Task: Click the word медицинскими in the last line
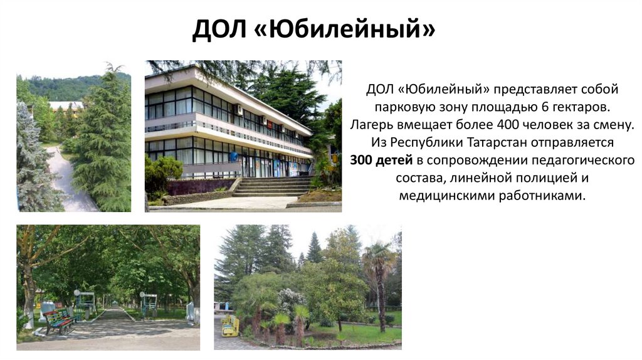click(441, 196)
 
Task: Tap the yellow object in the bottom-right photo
click(230, 326)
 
